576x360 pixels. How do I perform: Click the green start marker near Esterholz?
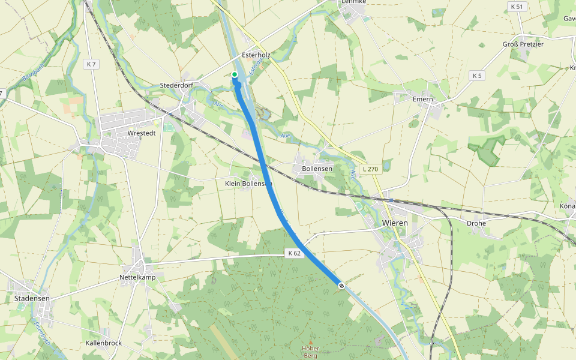coord(235,74)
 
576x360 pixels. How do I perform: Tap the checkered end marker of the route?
coord(341,286)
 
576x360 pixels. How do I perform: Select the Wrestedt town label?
coord(142,133)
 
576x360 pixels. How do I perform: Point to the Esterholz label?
coord(256,55)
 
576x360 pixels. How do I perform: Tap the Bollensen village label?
coord(317,169)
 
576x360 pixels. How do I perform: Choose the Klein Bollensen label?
coord(248,183)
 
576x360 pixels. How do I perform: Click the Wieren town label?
coord(395,223)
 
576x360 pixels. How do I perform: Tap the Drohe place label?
coord(476,223)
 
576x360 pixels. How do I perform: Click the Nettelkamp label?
coord(137,278)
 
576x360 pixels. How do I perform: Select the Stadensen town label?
coord(32,298)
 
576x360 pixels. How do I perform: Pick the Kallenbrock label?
coord(104,343)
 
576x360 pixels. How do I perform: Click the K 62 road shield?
coord(294,254)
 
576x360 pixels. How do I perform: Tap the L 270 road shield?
coord(370,169)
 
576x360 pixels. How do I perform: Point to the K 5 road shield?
coord(477,76)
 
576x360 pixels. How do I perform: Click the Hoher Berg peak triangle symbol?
coord(311,341)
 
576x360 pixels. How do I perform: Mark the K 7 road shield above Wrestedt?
coord(91,64)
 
